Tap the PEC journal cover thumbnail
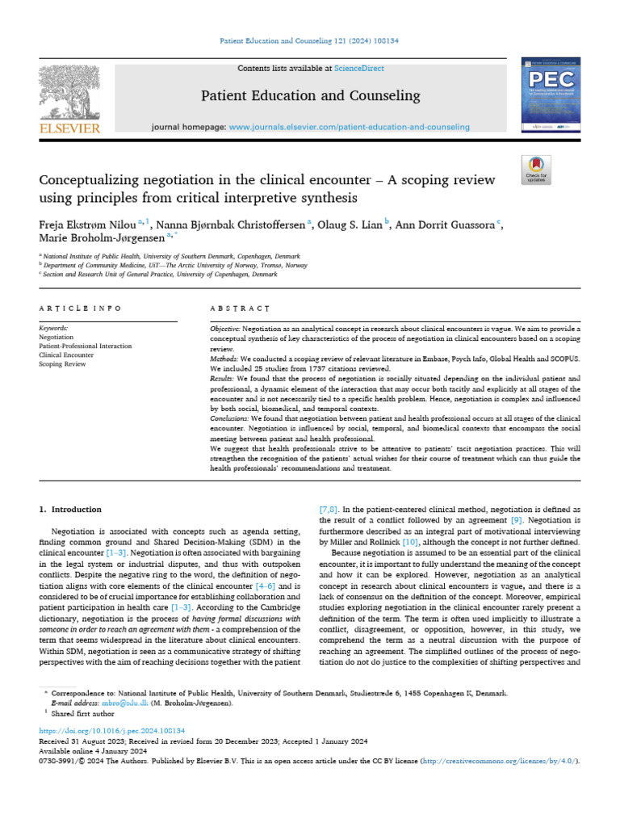552,96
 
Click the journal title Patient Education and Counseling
310,96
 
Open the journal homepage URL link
349,127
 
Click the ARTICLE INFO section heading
81,309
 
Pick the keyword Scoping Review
62,364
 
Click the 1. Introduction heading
70,510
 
